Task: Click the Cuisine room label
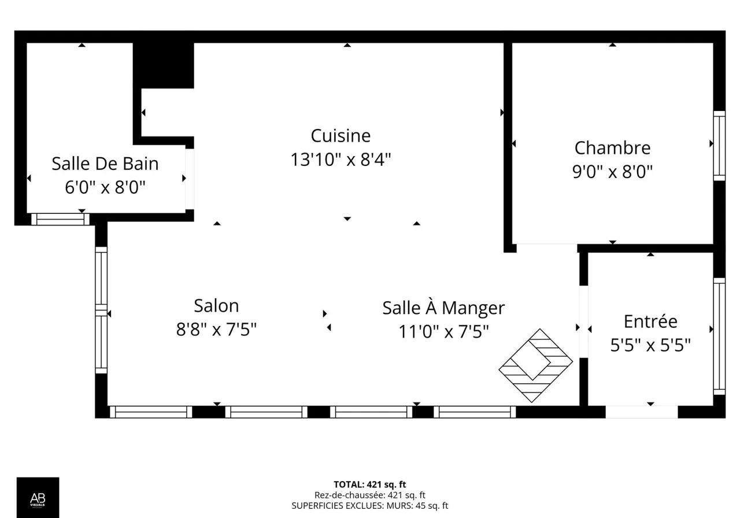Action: pyautogui.click(x=341, y=136)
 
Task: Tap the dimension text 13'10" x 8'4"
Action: pyautogui.click(x=341, y=160)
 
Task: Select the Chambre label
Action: pyautogui.click(x=612, y=147)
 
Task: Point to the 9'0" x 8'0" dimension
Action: pyautogui.click(x=612, y=172)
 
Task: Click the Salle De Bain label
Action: pyautogui.click(x=105, y=164)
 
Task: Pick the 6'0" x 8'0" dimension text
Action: pyautogui.click(x=105, y=187)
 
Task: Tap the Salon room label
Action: pyautogui.click(x=216, y=306)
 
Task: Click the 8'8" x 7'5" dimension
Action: pyautogui.click(x=216, y=330)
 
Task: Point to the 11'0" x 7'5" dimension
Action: pyautogui.click(x=443, y=331)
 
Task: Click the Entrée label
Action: pyautogui.click(x=650, y=321)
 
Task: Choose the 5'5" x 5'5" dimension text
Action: pyautogui.click(x=650, y=345)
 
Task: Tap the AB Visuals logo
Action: pyautogui.click(x=38, y=498)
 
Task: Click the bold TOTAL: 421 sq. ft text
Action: pyautogui.click(x=369, y=484)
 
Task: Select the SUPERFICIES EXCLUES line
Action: pyautogui.click(x=369, y=506)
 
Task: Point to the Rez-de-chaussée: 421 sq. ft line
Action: pyautogui.click(x=369, y=495)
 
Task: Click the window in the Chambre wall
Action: pyautogui.click(x=719, y=146)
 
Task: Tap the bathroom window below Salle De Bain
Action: pyautogui.click(x=60, y=219)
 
